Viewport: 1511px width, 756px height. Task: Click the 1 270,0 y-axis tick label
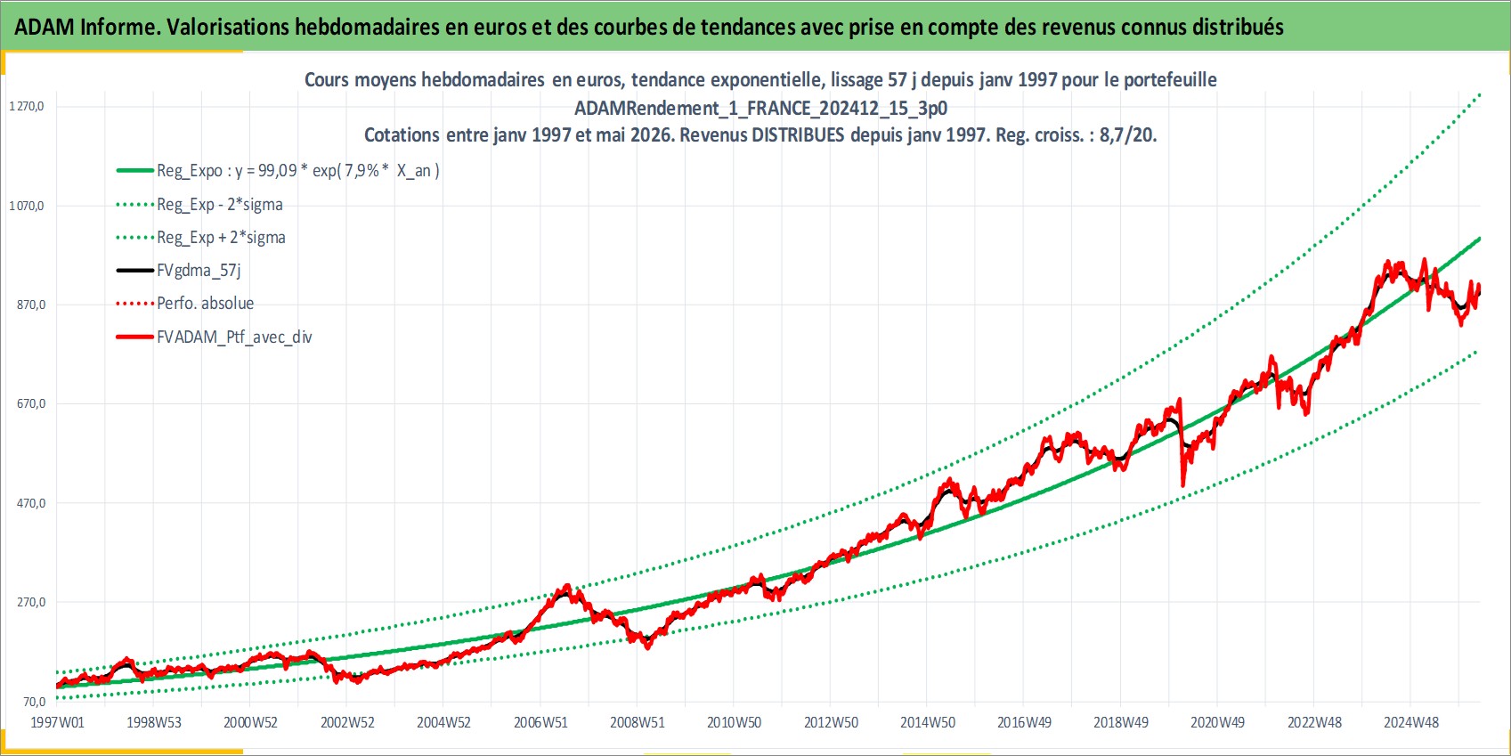[26, 107]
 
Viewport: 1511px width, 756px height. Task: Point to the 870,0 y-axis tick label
[30, 305]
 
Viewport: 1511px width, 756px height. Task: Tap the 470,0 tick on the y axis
[30, 503]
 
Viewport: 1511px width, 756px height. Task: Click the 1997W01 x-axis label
[57, 722]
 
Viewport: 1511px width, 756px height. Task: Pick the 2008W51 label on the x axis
[637, 722]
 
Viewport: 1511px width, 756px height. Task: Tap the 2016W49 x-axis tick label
[1024, 722]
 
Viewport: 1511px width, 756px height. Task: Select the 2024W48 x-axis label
[1410, 722]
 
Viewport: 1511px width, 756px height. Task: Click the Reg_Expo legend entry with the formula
[278, 171]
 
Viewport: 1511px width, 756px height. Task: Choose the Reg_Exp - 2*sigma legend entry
[199, 204]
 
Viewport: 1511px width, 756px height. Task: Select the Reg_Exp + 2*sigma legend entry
[201, 238]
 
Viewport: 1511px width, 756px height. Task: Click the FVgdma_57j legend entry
[179, 271]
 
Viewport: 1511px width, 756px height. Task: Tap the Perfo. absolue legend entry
[185, 304]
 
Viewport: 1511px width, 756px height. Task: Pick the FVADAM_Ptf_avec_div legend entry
[215, 337]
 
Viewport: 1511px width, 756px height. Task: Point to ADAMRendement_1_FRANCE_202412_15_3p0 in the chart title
[761, 108]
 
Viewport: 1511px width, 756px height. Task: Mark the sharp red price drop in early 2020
[1182, 442]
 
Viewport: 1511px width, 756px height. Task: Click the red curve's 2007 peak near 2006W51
[566, 588]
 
